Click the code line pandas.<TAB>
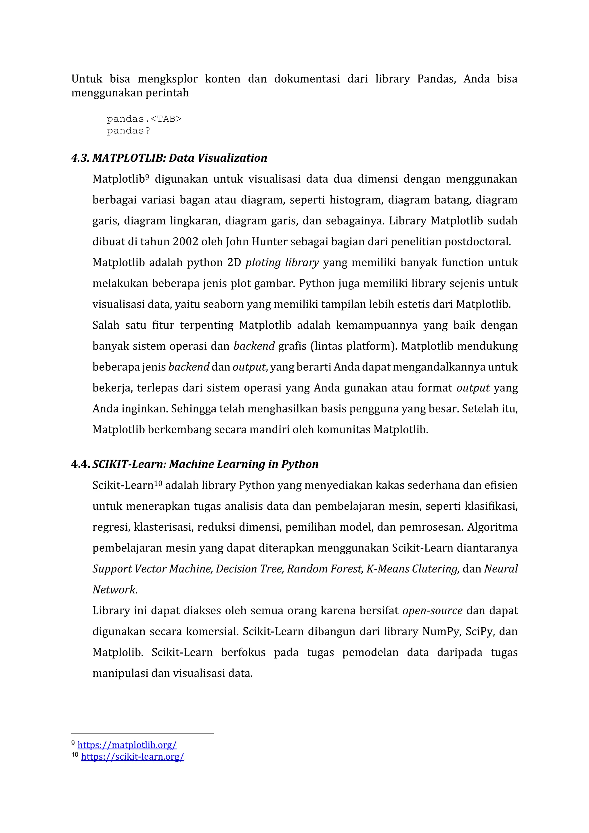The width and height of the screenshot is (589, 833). point(144,119)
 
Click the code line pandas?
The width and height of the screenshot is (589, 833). point(128,131)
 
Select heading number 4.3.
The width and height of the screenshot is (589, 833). point(80,158)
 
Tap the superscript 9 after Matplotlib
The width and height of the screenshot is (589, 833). point(147,177)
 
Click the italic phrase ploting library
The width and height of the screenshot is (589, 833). point(282,263)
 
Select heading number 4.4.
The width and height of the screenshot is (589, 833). point(80,464)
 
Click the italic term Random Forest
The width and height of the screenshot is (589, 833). point(325,569)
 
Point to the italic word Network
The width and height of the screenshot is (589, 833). point(114,590)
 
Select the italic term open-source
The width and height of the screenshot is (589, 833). point(432,611)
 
